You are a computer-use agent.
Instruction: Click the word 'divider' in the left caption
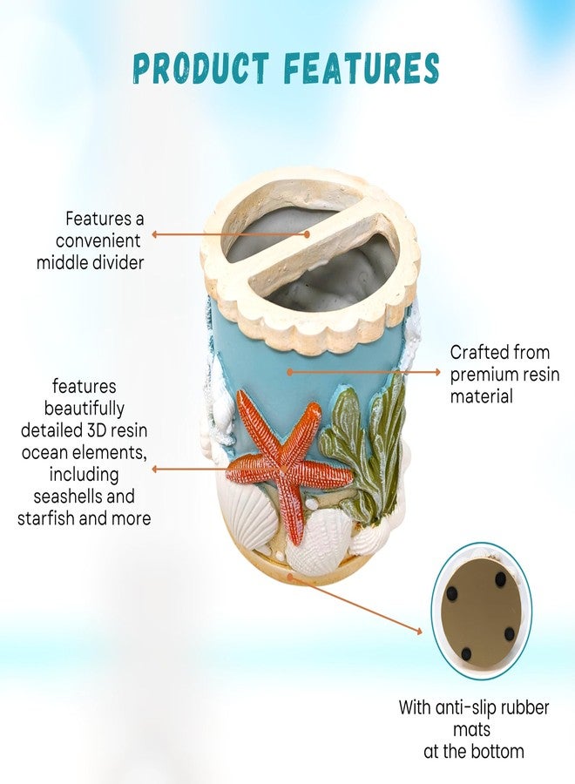click(x=117, y=262)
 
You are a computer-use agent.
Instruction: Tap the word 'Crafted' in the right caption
click(x=477, y=353)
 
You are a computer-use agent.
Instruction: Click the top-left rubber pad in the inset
click(x=452, y=594)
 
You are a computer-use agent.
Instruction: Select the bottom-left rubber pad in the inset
click(x=466, y=653)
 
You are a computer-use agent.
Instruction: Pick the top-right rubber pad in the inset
click(x=500, y=579)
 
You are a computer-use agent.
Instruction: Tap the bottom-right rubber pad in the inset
click(x=509, y=634)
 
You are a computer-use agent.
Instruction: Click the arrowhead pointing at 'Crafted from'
click(x=437, y=372)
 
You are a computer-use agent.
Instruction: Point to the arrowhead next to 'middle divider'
click(x=155, y=234)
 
